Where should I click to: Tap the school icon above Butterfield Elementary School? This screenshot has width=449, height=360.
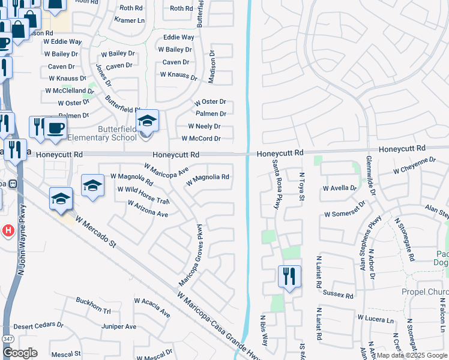(x=147, y=121)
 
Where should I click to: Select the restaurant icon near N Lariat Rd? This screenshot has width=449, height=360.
(x=289, y=277)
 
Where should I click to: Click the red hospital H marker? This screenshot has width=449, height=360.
(x=8, y=230)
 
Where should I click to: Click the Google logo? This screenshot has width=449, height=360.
(x=20, y=353)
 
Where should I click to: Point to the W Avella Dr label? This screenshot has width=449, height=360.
(x=339, y=188)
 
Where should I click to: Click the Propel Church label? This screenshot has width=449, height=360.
(x=425, y=292)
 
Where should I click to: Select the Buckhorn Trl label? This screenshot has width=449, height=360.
(x=93, y=305)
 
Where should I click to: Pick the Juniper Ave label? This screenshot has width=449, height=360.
(x=119, y=327)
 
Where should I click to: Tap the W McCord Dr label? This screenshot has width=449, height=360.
(x=201, y=139)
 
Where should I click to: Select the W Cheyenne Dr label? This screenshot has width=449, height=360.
(x=414, y=166)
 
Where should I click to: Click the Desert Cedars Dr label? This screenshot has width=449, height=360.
(x=38, y=325)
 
